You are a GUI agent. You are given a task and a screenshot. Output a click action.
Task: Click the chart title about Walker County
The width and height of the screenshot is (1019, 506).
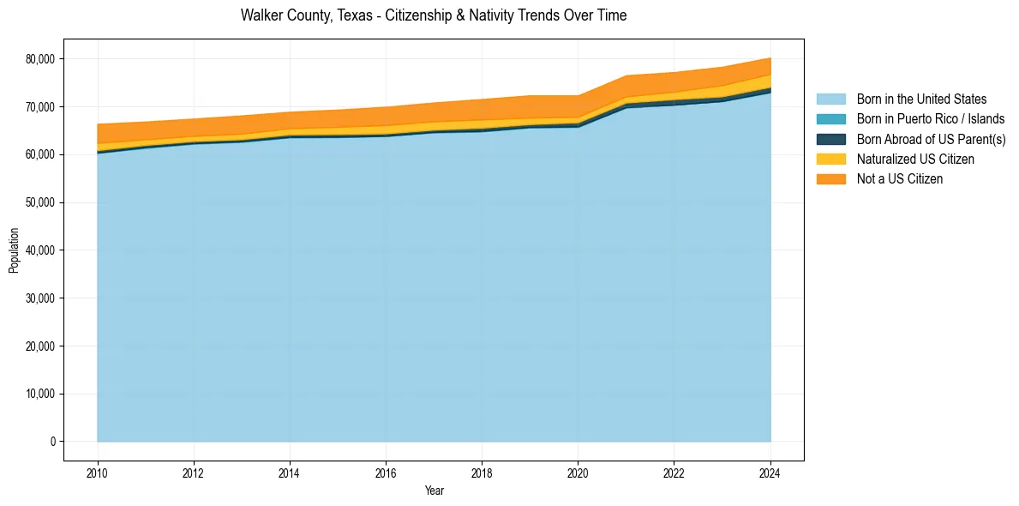point(434,15)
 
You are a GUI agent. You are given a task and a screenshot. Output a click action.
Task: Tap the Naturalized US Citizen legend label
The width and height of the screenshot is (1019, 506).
point(915,160)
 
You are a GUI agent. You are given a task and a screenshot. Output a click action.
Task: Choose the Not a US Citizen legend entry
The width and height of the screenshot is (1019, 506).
point(899,179)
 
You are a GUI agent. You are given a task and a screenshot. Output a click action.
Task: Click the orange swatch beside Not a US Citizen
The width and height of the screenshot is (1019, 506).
point(830,179)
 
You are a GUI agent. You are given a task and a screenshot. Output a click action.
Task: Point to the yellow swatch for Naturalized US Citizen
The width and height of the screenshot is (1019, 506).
point(830,160)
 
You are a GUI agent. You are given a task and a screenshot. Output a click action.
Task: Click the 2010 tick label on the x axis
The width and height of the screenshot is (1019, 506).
point(98,472)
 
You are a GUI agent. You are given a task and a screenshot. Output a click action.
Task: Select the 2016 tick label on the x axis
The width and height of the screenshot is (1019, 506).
point(386,472)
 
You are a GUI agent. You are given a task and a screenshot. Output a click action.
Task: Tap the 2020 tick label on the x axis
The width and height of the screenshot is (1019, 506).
point(578,472)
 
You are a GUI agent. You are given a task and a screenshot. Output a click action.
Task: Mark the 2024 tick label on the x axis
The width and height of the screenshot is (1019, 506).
point(770,472)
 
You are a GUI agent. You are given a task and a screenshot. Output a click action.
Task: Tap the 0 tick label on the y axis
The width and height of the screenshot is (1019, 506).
point(52,442)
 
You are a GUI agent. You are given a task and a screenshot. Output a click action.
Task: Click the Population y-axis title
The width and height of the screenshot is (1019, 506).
point(14,250)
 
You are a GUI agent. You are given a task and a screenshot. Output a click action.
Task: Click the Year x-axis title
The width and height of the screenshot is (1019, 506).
point(434,491)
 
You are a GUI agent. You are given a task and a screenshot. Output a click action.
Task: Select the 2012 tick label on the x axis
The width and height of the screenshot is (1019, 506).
point(194,472)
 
